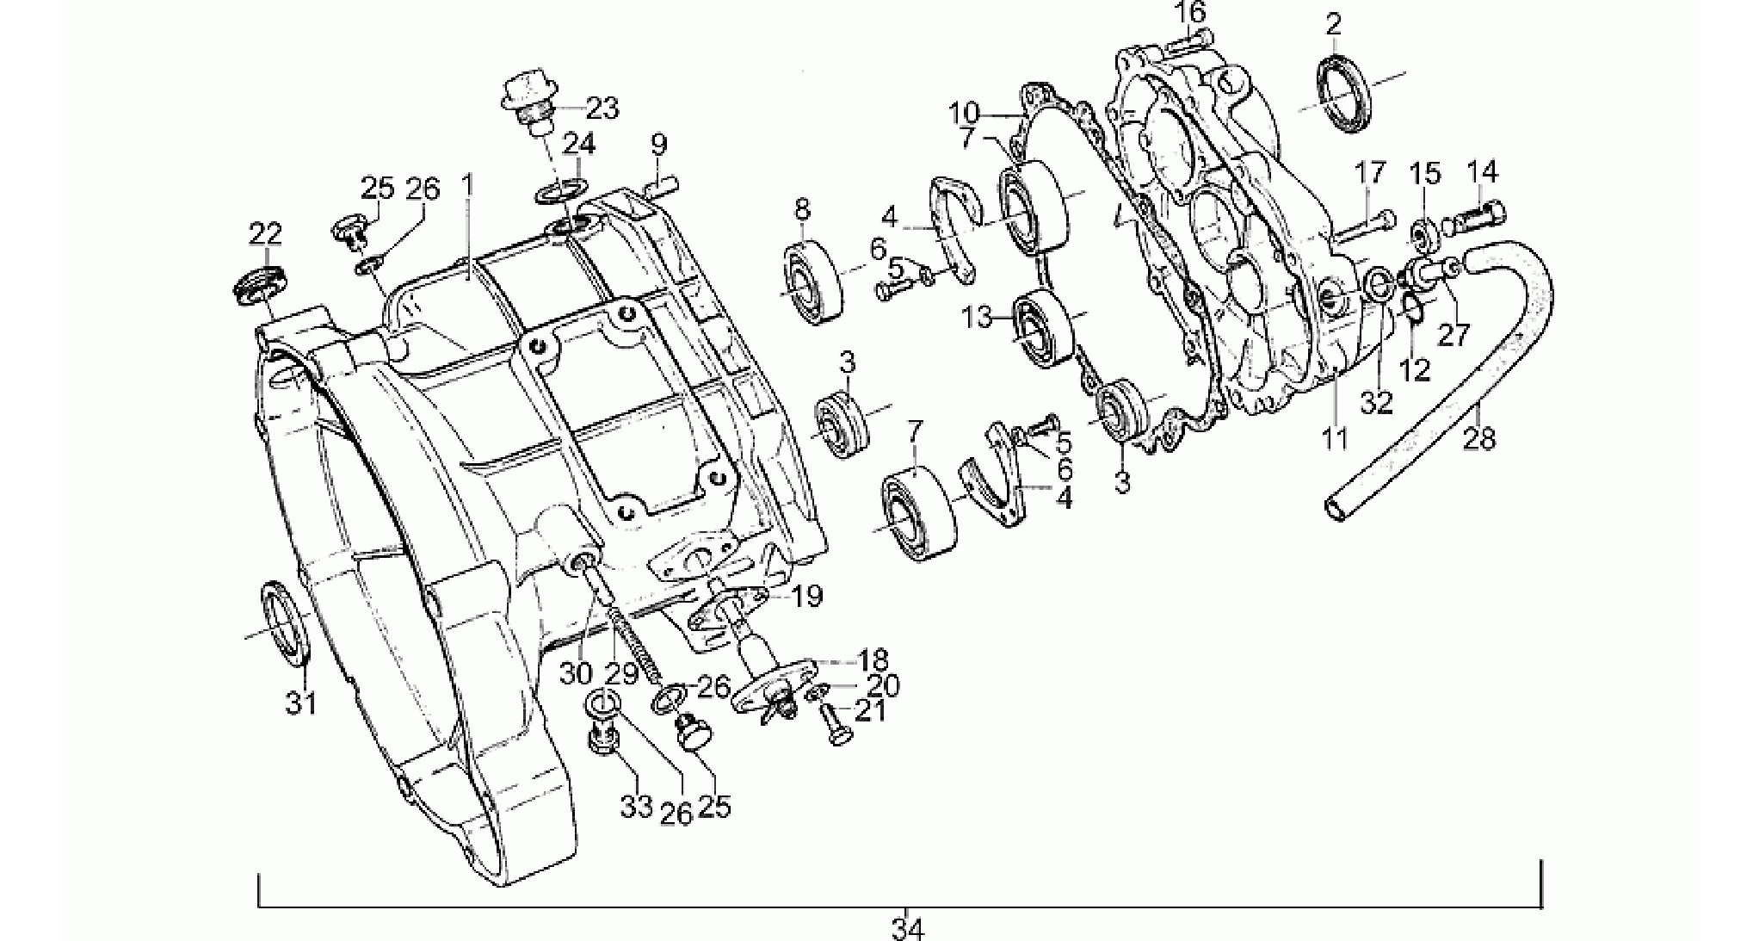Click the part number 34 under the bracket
click(907, 929)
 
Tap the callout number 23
click(602, 109)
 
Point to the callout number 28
click(1479, 439)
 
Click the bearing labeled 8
click(812, 282)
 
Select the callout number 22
click(266, 233)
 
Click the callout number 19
click(807, 595)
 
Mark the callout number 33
click(638, 810)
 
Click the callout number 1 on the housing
click(467, 184)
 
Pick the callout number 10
click(965, 113)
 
